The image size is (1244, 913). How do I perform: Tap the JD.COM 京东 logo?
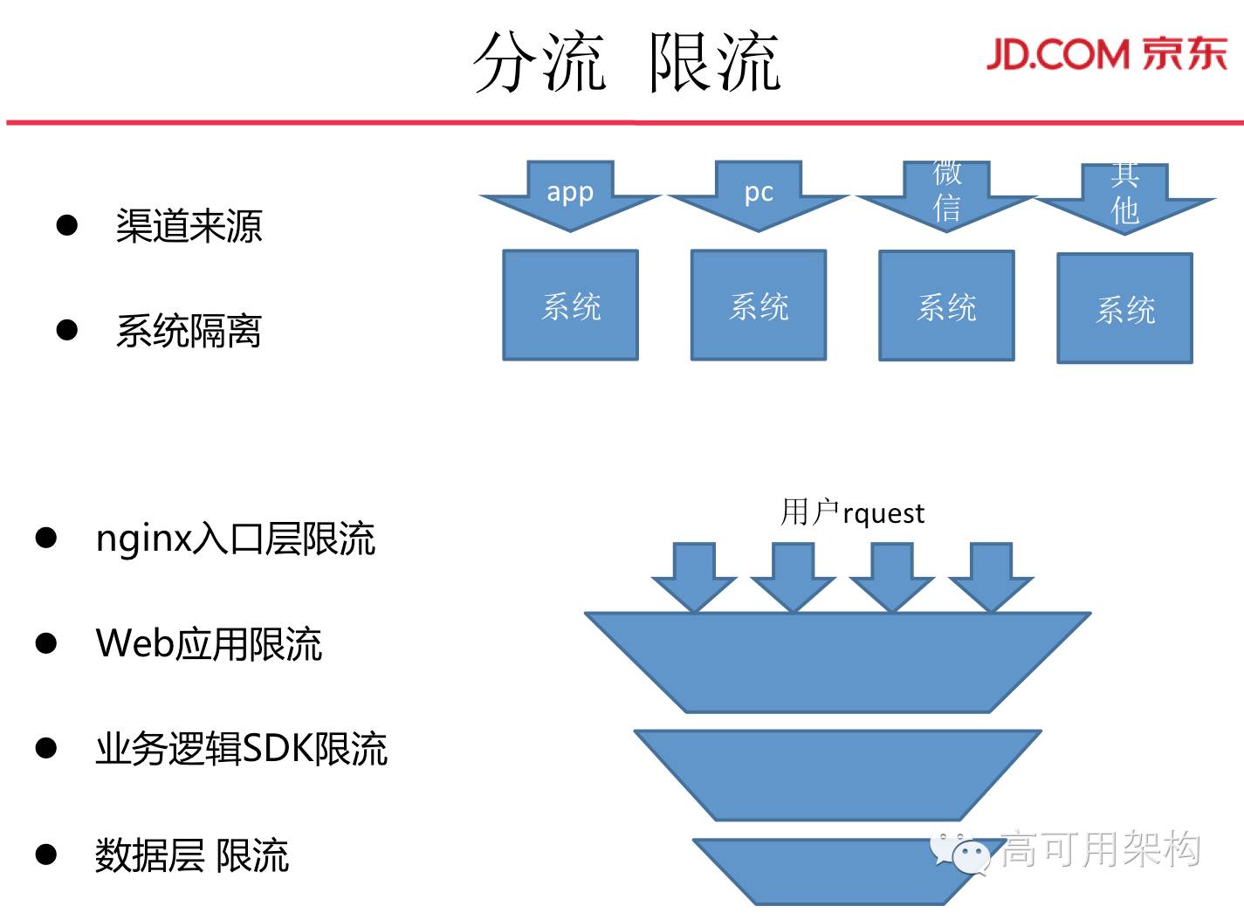click(1106, 54)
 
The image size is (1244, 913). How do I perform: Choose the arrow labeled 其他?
click(1124, 197)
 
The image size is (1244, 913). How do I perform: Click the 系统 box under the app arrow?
click(571, 305)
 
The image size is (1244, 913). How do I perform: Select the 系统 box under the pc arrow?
click(759, 305)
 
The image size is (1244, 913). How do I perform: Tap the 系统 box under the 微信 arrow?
click(946, 306)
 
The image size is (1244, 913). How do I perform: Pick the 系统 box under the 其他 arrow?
click(1124, 308)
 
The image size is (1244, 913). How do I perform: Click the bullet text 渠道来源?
click(189, 226)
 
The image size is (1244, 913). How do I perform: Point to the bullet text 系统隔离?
click(189, 331)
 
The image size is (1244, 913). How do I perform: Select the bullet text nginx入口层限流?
click(235, 539)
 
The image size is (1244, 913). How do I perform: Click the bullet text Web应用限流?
click(209, 644)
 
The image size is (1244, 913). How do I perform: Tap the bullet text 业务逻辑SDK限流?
click(241, 749)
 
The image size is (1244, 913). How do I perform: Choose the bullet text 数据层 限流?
click(191, 855)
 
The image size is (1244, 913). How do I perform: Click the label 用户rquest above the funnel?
click(852, 512)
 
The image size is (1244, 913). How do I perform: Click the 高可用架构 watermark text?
click(1100, 848)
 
